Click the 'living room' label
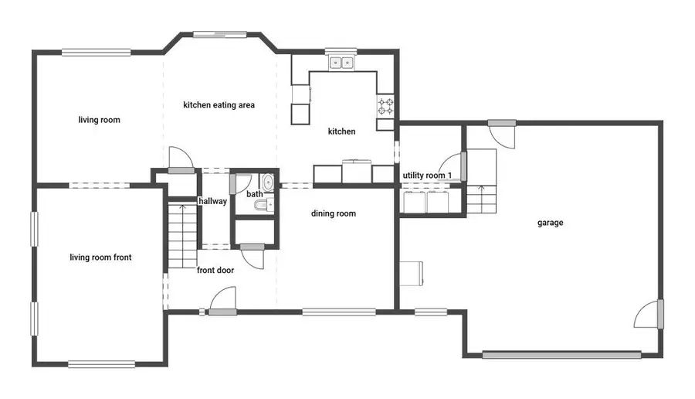(100, 120)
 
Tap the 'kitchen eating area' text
(219, 105)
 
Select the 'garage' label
(551, 223)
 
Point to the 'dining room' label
(334, 213)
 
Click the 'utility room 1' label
(427, 176)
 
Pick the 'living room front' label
(100, 257)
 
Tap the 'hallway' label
(213, 201)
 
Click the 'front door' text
(215, 271)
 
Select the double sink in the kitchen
(341, 63)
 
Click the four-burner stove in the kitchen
(385, 107)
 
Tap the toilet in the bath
(264, 205)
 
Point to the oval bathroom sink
(267, 182)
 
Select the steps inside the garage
(481, 199)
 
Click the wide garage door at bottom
(561, 355)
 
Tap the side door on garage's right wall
(660, 314)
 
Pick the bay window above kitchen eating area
(220, 34)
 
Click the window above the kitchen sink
(341, 51)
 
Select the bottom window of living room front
(101, 364)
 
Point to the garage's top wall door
(502, 123)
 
